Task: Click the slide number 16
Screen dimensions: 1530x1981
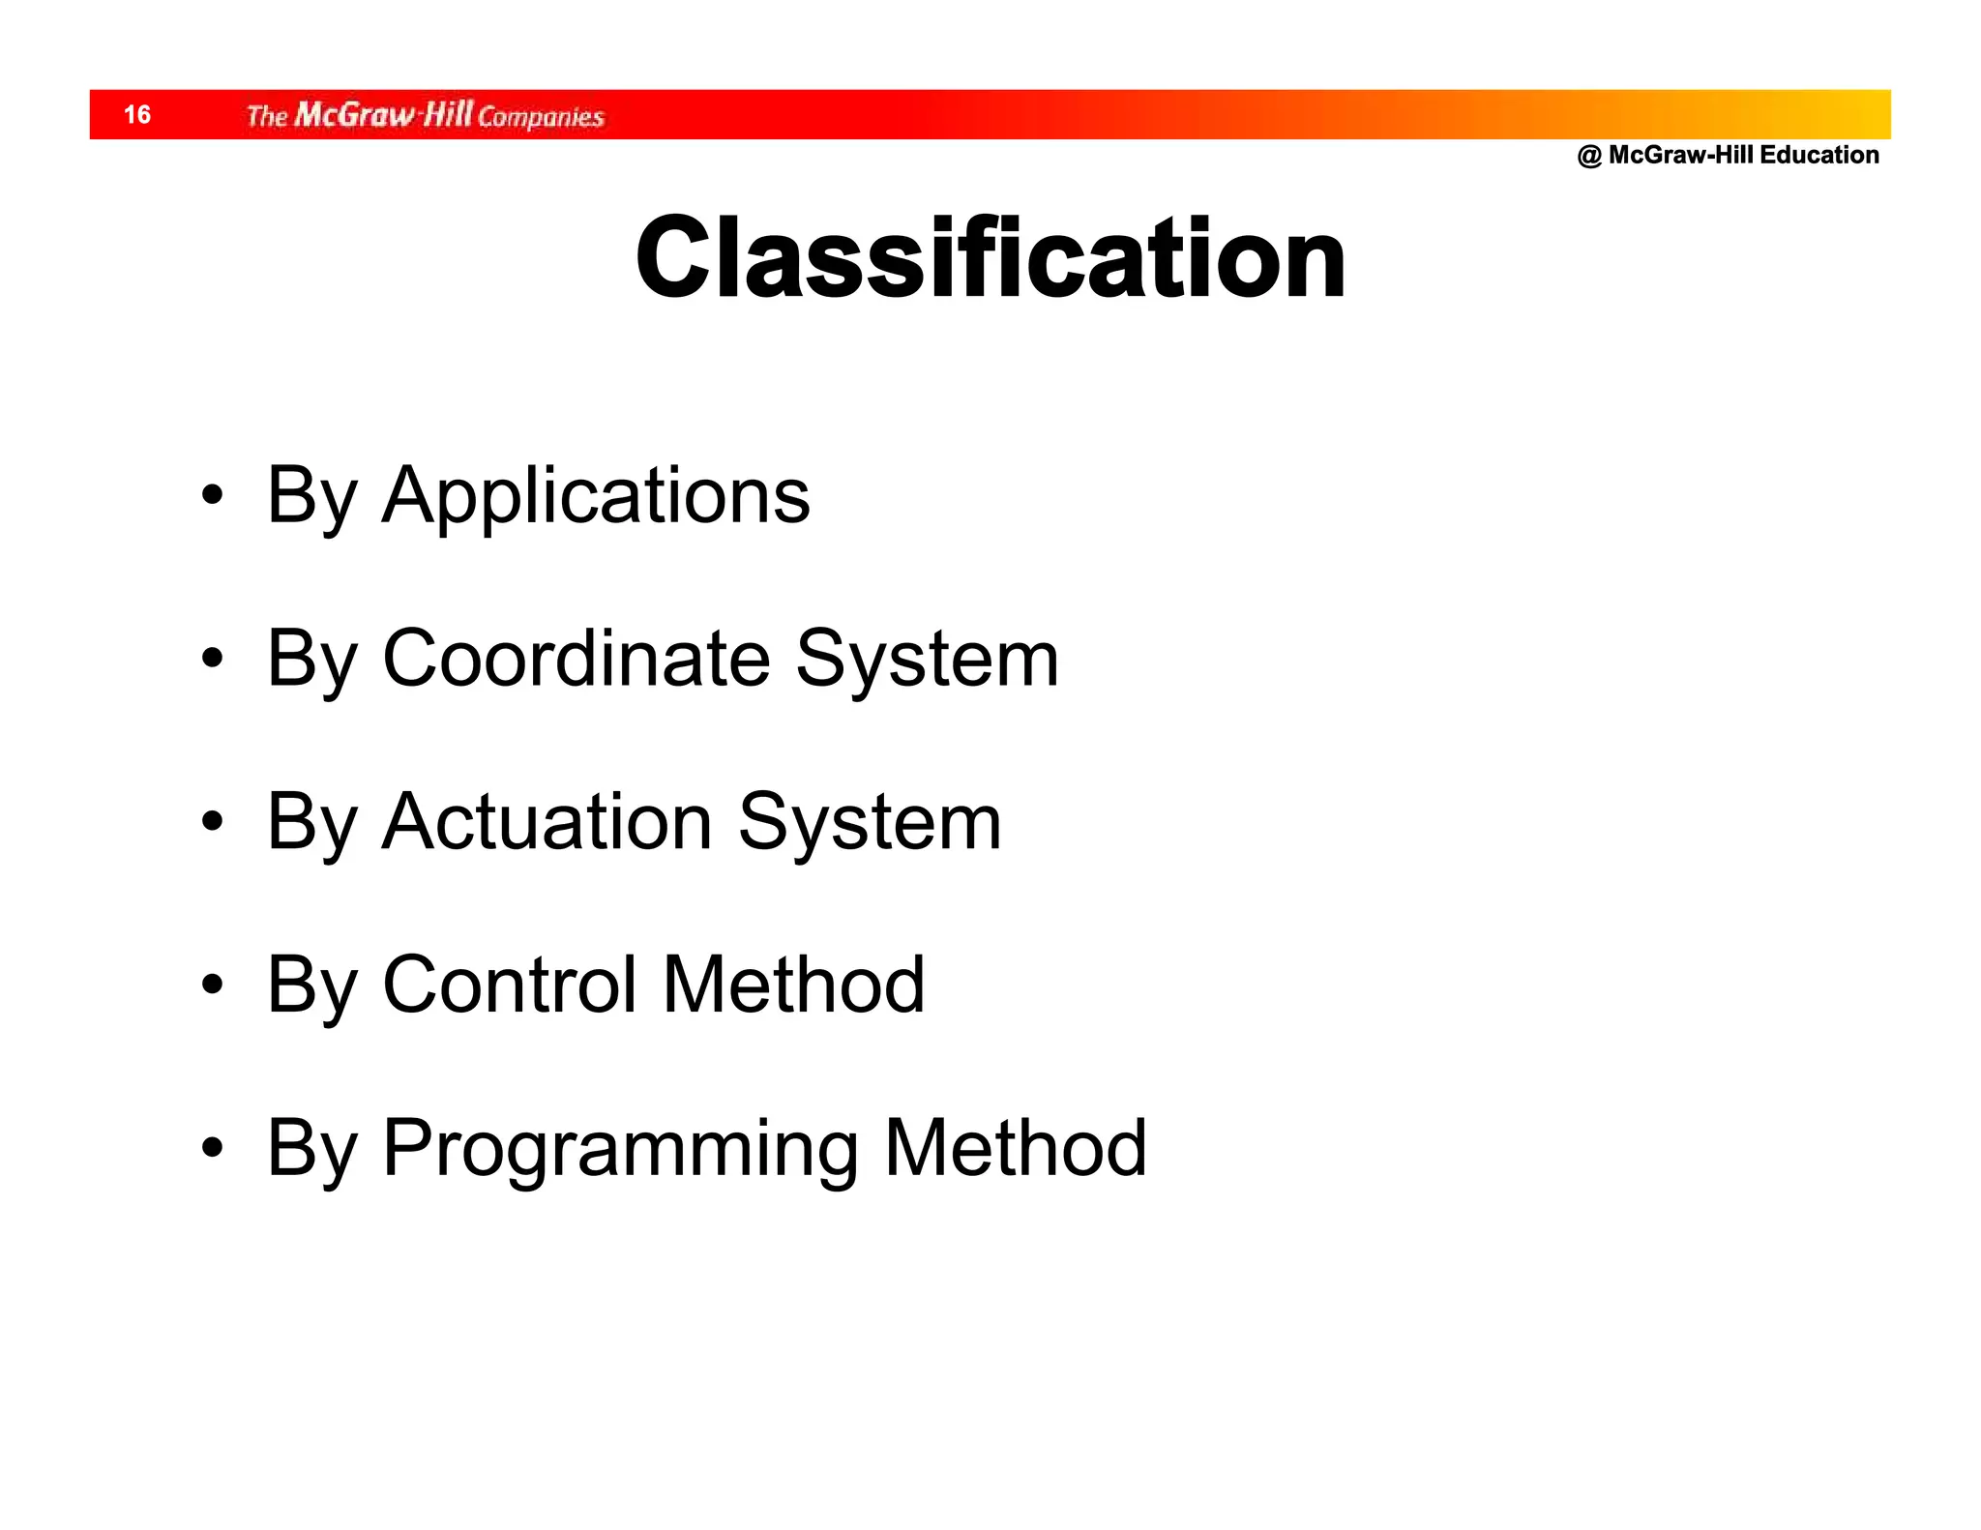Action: pyautogui.click(x=137, y=115)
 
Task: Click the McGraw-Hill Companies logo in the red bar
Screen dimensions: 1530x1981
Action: pyautogui.click(x=425, y=115)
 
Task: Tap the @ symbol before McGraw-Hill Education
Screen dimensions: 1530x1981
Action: pyautogui.click(x=1588, y=156)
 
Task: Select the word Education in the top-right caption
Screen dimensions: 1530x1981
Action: pyautogui.click(x=1819, y=155)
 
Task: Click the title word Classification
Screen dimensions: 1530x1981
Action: pyautogui.click(x=990, y=258)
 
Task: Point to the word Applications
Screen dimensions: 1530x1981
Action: pyautogui.click(x=596, y=495)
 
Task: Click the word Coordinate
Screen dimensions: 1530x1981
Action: pyautogui.click(x=577, y=659)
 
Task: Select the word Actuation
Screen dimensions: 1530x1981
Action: pyautogui.click(x=547, y=822)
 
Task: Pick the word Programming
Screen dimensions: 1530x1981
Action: pyautogui.click(x=620, y=1148)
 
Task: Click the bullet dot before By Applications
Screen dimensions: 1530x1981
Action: pyautogui.click(x=213, y=496)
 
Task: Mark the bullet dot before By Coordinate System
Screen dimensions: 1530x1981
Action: pyautogui.click(x=213, y=660)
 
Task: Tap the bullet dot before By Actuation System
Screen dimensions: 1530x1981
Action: pyautogui.click(x=213, y=823)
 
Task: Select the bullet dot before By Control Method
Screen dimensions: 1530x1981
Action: pyautogui.click(x=213, y=986)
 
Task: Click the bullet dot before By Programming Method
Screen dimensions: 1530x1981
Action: pyautogui.click(x=213, y=1149)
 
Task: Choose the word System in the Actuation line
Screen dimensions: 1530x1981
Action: pyautogui.click(x=870, y=822)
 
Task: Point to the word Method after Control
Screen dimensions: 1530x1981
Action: pyautogui.click(x=793, y=985)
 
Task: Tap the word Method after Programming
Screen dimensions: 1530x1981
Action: pyautogui.click(x=1015, y=1148)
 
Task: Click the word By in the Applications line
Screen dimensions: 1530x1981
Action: pyautogui.click(x=311, y=497)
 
